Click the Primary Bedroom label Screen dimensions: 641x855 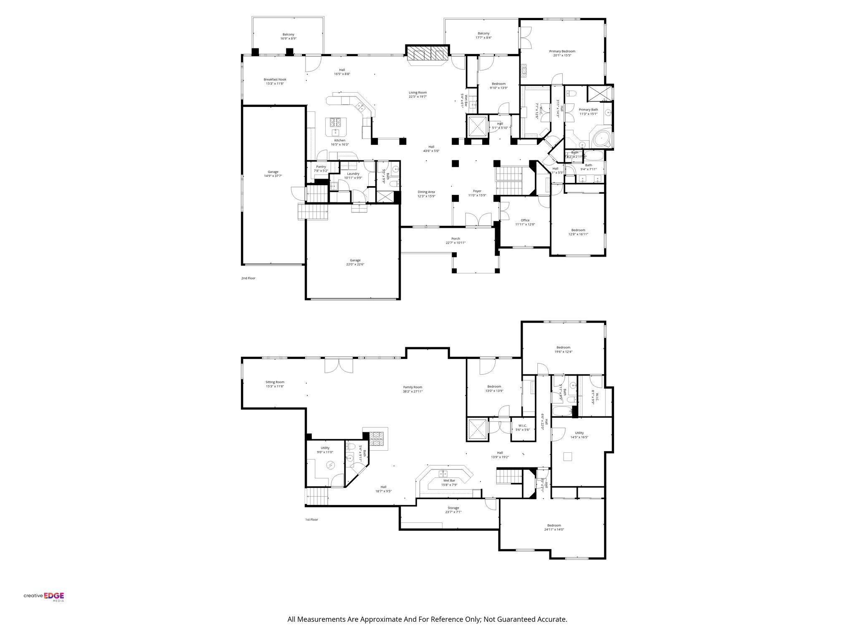pyautogui.click(x=562, y=51)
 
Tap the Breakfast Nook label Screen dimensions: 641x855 pyautogui.click(x=275, y=80)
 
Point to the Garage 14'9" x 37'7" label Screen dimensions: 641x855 pyautogui.click(x=273, y=172)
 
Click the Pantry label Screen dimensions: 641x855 pyautogui.click(x=321, y=167)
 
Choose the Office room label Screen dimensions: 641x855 pyautogui.click(x=525, y=220)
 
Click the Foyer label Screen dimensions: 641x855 pyautogui.click(x=477, y=191)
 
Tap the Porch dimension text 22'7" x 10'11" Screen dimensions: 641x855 pyautogui.click(x=455, y=243)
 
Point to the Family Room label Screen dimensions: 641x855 pyautogui.click(x=412, y=387)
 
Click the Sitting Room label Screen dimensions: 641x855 pyautogui.click(x=275, y=382)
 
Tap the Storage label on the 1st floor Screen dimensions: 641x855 pyautogui.click(x=453, y=508)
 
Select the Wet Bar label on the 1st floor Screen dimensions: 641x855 pyautogui.click(x=449, y=480)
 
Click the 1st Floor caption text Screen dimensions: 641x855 pyautogui.click(x=311, y=520)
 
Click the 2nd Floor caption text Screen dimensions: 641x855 pyautogui.click(x=248, y=278)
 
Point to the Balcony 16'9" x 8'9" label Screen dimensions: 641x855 pyautogui.click(x=288, y=34)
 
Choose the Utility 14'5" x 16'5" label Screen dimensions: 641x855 pyautogui.click(x=579, y=433)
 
